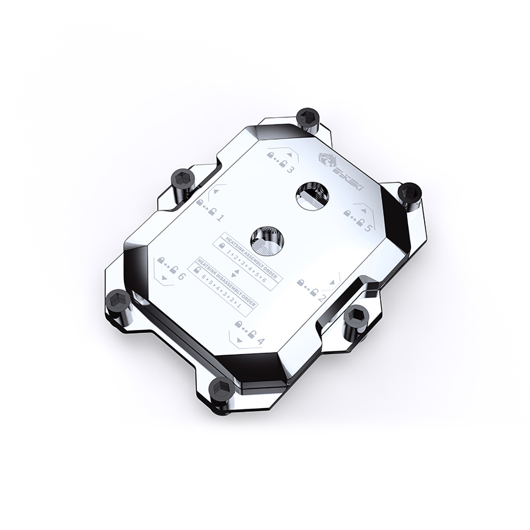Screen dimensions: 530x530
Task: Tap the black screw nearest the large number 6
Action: [x=117, y=300]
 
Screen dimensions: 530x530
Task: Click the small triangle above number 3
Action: [x=289, y=154]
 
